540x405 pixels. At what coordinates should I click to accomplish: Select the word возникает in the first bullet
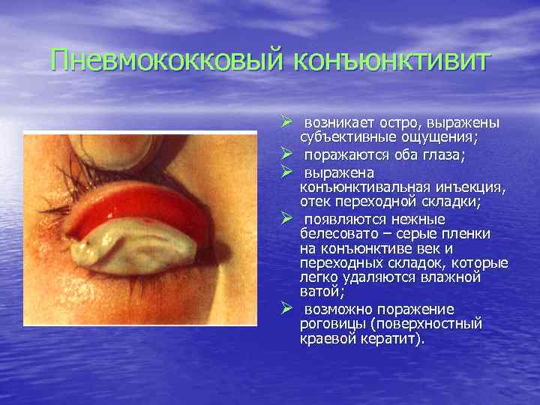(334, 122)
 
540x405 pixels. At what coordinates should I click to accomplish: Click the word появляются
(342, 220)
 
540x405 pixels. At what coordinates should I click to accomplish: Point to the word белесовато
(337, 234)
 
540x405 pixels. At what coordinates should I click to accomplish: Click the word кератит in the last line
(396, 338)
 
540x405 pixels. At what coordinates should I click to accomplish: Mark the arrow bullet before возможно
(286, 309)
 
